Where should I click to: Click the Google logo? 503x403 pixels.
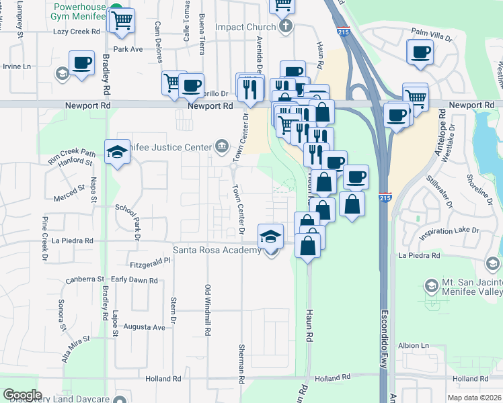[22, 395]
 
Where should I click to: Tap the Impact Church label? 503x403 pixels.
[245, 28]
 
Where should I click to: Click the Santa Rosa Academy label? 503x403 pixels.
[217, 251]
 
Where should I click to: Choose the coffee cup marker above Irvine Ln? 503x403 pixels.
[82, 64]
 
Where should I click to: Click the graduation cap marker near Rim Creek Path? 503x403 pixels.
[117, 151]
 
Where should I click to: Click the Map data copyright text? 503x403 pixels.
[474, 398]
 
